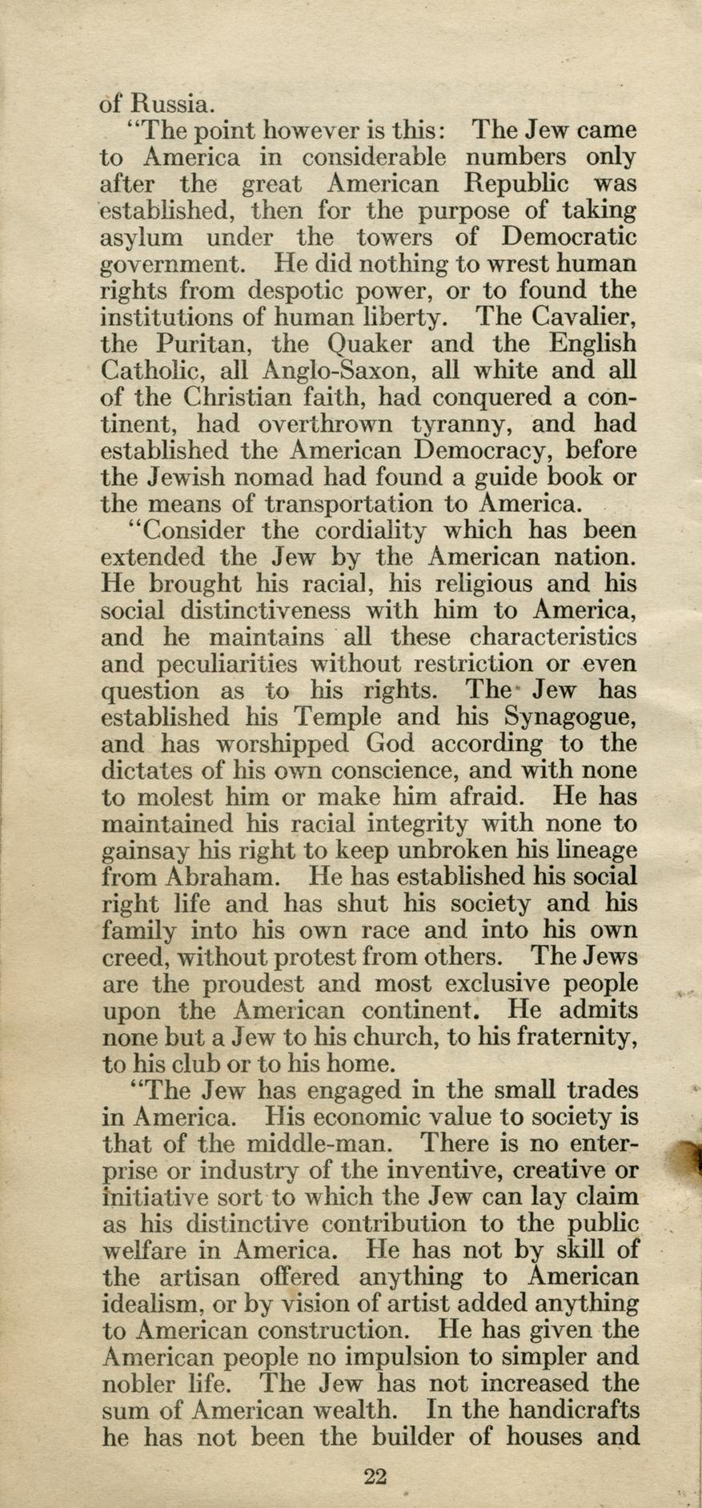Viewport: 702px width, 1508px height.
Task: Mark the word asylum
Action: coord(141,238)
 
